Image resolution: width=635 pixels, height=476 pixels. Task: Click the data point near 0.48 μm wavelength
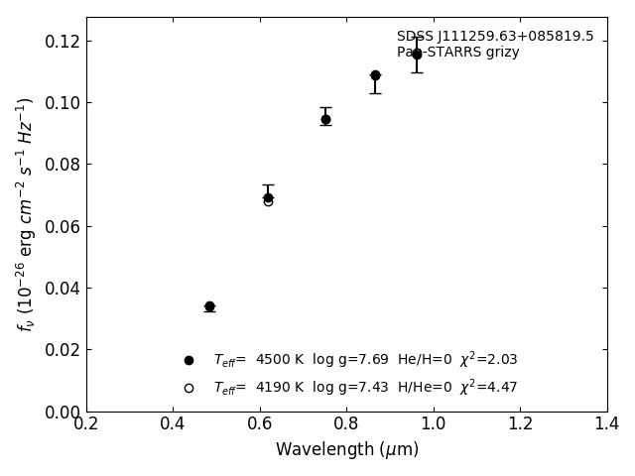pos(209,306)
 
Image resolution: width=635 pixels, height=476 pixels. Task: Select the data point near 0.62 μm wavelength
pos(268,198)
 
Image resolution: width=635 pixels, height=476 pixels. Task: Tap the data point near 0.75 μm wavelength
pos(325,119)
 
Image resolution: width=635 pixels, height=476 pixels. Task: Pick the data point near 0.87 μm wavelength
pos(375,75)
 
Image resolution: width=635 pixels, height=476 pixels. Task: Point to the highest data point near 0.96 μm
pos(417,54)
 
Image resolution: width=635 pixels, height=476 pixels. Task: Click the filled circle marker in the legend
pos(189,360)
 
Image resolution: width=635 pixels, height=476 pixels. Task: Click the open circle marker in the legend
pos(189,388)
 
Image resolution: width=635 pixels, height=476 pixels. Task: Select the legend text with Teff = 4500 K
pos(365,360)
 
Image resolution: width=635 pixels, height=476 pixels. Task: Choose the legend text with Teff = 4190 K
pos(365,388)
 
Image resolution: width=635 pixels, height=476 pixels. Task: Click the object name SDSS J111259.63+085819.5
pos(495,37)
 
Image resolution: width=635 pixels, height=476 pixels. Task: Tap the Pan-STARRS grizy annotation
pos(458,53)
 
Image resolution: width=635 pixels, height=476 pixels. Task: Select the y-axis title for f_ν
pos(26,214)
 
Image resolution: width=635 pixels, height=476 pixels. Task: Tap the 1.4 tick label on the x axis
pos(607,424)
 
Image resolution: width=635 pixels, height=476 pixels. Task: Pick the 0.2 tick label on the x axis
pos(86,424)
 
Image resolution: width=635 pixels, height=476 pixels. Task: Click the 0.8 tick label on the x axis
pos(347,424)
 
